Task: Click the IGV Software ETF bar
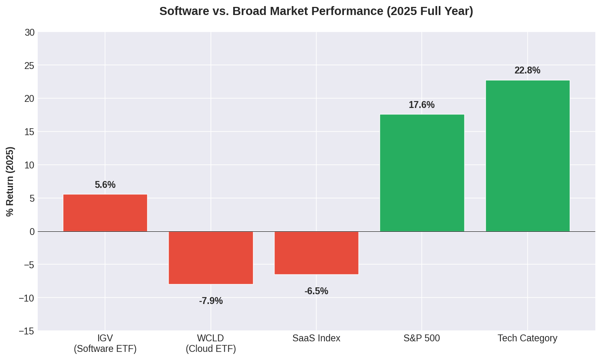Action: pyautogui.click(x=105, y=213)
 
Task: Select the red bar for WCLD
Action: pyautogui.click(x=210, y=258)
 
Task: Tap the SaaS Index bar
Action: pyautogui.click(x=316, y=253)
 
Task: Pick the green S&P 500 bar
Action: pyautogui.click(x=422, y=173)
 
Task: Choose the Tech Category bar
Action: pyautogui.click(x=527, y=156)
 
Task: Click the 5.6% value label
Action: pyautogui.click(x=105, y=185)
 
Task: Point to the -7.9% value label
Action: pyautogui.click(x=210, y=301)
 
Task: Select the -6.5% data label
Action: pyautogui.click(x=316, y=291)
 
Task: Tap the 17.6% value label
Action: pyautogui.click(x=421, y=105)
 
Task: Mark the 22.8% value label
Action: pyautogui.click(x=527, y=71)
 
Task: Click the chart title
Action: pyautogui.click(x=316, y=11)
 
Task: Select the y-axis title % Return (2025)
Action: pyautogui.click(x=10, y=181)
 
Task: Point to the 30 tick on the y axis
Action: pyautogui.click(x=30, y=32)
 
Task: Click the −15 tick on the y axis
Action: pyautogui.click(x=27, y=332)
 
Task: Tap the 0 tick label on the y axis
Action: pyautogui.click(x=32, y=232)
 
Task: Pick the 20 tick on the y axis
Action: pyautogui.click(x=30, y=99)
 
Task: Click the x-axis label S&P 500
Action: pyautogui.click(x=421, y=338)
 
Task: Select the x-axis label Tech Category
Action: pyautogui.click(x=527, y=338)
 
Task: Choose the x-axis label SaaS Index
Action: pyautogui.click(x=316, y=338)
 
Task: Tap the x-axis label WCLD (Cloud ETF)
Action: pyautogui.click(x=210, y=343)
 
